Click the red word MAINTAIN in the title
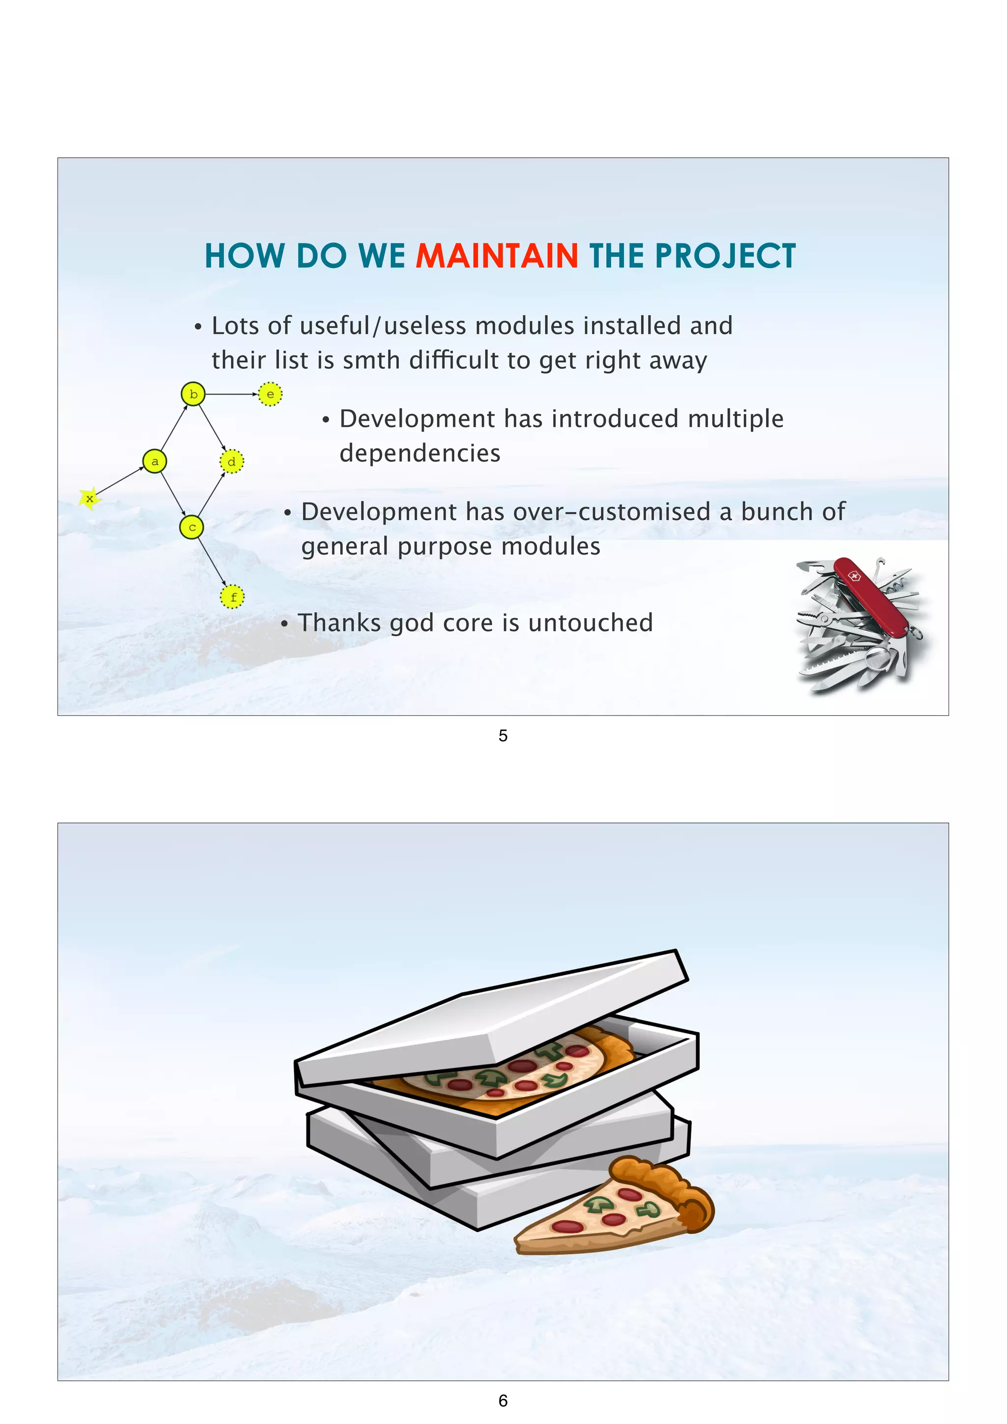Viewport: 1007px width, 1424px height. pos(496,256)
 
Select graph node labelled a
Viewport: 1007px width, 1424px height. pos(154,461)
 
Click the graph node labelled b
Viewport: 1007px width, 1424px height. pos(193,394)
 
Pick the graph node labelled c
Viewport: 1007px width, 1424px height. pos(192,528)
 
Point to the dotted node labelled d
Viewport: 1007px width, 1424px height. pos(232,461)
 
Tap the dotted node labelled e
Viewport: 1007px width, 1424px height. pos(270,394)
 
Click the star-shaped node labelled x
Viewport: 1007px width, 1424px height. pos(90,498)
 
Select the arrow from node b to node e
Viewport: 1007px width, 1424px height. pos(231,394)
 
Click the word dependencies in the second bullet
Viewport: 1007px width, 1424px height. pos(420,453)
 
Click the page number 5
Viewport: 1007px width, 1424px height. pos(503,736)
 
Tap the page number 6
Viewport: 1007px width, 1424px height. pos(503,1400)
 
